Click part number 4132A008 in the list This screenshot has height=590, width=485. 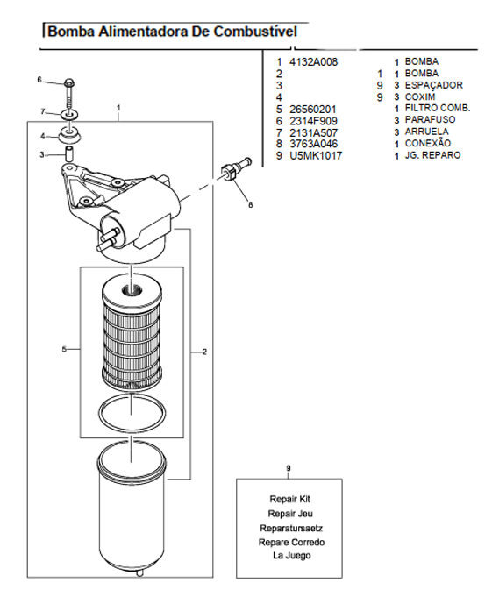pyautogui.click(x=313, y=62)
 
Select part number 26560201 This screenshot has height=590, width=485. pyautogui.click(x=312, y=110)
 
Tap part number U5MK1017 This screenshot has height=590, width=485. pyautogui.click(x=316, y=156)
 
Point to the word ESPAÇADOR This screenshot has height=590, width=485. pyautogui.click(x=434, y=85)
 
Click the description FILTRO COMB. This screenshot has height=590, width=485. pyautogui.click(x=438, y=108)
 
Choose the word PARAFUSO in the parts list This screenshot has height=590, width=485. pyautogui.click(x=430, y=119)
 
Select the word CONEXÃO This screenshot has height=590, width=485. pyautogui.click(x=428, y=143)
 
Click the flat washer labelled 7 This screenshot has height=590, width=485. pyautogui.click(x=69, y=113)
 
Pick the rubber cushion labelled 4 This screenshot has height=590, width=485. pyautogui.click(x=69, y=135)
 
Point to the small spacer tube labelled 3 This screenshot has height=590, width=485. pyautogui.click(x=68, y=154)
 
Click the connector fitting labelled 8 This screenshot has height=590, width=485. pyautogui.click(x=236, y=170)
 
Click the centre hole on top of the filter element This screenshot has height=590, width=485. pyautogui.click(x=132, y=289)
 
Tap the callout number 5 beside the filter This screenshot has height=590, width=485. pyautogui.click(x=64, y=350)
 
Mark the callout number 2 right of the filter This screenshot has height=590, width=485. pyautogui.click(x=204, y=352)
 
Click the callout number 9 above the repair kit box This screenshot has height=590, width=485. pyautogui.click(x=289, y=468)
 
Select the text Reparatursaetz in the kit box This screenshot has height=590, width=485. pyautogui.click(x=291, y=529)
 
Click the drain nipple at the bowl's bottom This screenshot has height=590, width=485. pyautogui.click(x=139, y=573)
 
